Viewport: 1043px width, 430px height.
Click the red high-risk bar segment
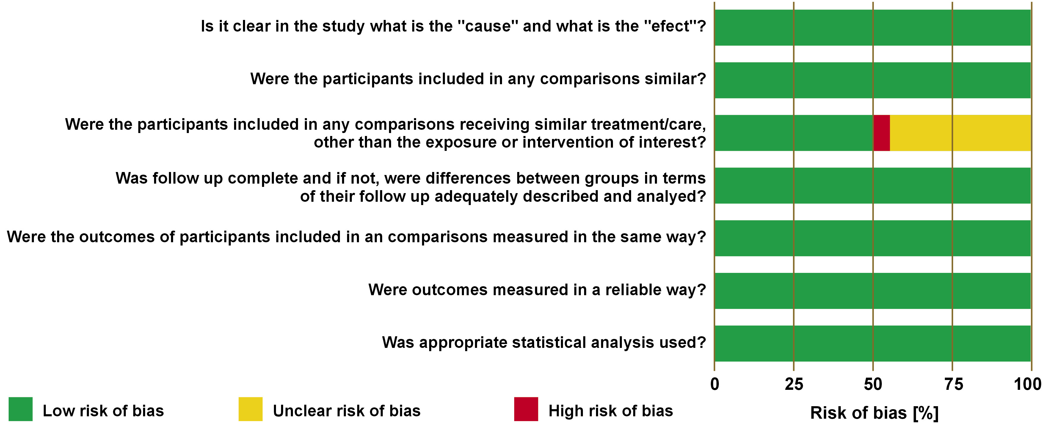point(882,133)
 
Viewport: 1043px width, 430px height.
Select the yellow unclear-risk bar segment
point(960,133)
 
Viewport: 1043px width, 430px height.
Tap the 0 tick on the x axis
point(715,384)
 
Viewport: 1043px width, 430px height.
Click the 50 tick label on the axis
point(873,384)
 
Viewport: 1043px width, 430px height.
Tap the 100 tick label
point(1028,384)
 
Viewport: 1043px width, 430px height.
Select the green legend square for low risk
point(20,409)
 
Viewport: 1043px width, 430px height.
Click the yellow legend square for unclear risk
point(251,409)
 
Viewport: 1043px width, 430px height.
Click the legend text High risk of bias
point(611,411)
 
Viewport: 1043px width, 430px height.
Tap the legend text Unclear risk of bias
point(346,411)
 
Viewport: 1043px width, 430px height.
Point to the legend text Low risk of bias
point(103,411)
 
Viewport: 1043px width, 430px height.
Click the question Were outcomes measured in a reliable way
point(537,290)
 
